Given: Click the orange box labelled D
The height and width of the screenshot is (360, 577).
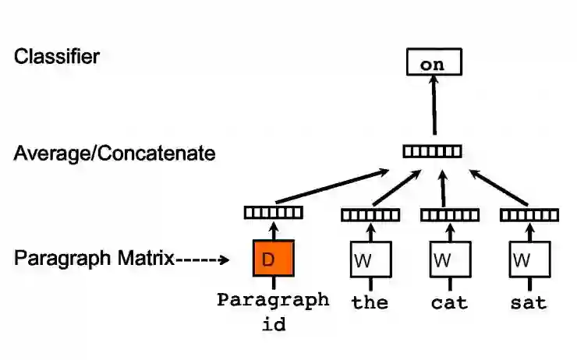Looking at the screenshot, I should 273,259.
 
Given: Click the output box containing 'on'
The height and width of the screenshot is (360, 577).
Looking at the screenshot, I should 433,63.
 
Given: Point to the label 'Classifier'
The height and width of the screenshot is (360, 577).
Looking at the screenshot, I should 56,56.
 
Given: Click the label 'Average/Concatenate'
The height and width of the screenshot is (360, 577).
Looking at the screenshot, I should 115,153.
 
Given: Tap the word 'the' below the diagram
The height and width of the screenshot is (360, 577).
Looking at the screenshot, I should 370,302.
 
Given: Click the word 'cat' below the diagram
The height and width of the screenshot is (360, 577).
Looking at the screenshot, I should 450,302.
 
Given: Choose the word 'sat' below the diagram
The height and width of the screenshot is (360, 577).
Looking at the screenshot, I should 529,302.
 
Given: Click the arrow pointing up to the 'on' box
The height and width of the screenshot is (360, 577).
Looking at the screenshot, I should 434,109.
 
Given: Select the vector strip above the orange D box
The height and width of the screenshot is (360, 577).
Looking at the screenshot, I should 273,211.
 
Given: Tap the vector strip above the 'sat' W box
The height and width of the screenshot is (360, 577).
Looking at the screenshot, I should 529,215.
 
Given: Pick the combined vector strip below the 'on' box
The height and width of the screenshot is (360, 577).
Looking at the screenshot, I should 432,151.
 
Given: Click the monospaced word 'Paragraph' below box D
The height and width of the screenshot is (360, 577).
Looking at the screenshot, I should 273,300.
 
